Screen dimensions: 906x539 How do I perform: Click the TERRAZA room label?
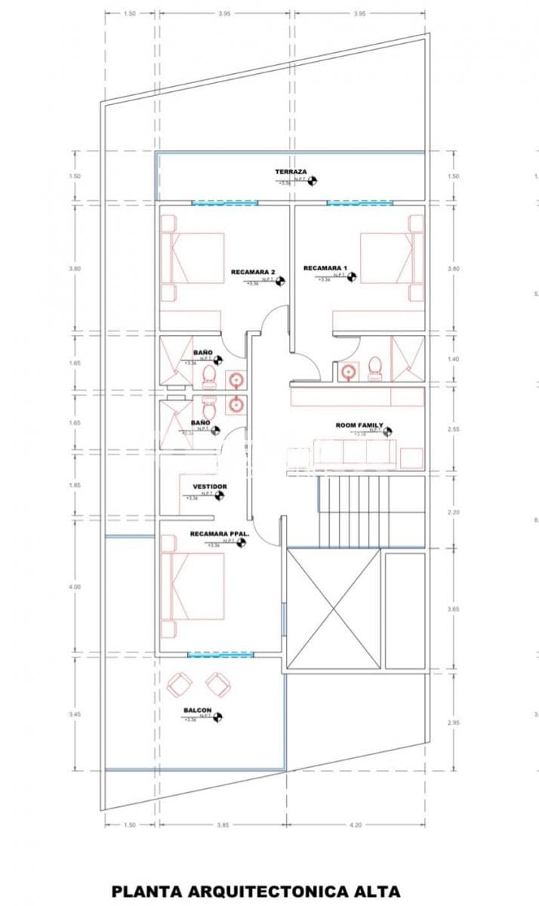[291, 172]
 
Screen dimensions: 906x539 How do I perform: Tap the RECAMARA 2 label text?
[253, 272]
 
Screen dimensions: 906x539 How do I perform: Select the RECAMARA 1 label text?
[325, 268]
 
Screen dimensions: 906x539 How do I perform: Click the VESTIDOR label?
[209, 487]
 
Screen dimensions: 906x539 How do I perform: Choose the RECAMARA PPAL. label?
[219, 534]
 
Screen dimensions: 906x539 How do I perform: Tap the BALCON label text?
[197, 710]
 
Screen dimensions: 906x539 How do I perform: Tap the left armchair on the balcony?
[180, 684]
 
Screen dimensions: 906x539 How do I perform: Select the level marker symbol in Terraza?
[313, 180]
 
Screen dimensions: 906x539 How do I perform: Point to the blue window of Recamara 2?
[224, 202]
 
